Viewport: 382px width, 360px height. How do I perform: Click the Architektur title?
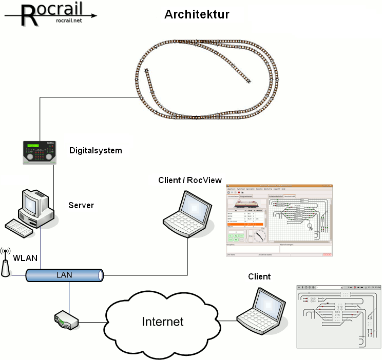pyautogui.click(x=197, y=14)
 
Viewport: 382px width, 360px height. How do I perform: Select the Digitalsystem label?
pyautogui.click(x=95, y=150)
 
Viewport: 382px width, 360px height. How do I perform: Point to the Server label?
pyautogui.click(x=81, y=205)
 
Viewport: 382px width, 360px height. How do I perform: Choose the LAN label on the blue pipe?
pyautogui.click(x=64, y=275)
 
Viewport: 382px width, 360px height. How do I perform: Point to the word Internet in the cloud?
pyautogui.click(x=162, y=322)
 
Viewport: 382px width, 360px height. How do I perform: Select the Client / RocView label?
pyautogui.click(x=190, y=180)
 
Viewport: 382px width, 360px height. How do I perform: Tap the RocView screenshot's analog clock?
pyautogui.click(x=260, y=235)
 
